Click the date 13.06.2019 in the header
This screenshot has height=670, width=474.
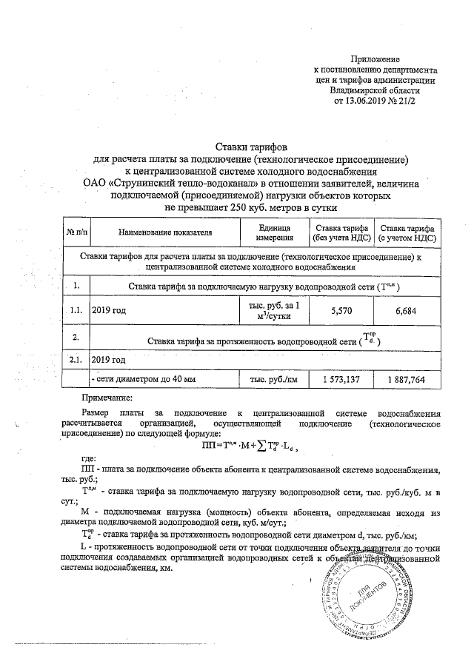tap(378, 100)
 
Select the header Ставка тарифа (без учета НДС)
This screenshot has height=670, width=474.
tap(340, 232)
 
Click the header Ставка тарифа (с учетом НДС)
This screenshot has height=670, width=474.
tap(407, 232)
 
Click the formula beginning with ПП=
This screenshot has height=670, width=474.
tap(248, 446)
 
